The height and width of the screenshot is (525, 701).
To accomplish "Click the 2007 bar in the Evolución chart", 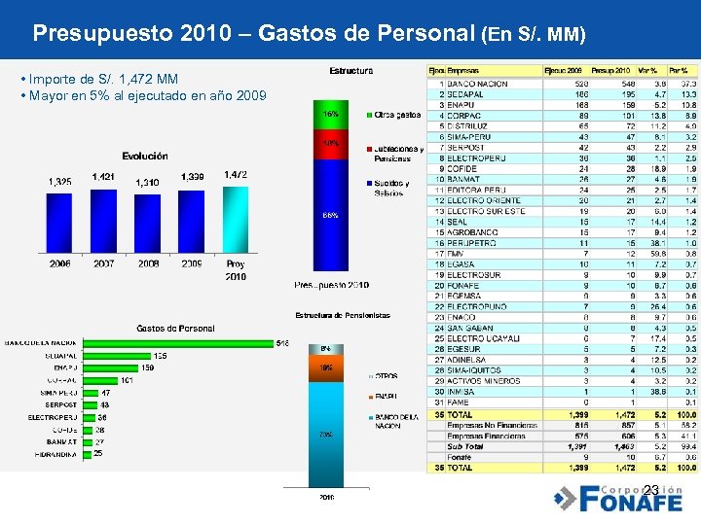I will pyautogui.click(x=103, y=221).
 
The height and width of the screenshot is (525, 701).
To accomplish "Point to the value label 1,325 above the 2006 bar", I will pyautogui.click(x=59, y=182).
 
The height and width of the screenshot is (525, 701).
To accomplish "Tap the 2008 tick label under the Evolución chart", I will pyautogui.click(x=148, y=263).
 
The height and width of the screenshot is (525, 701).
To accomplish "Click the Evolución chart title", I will pyautogui.click(x=145, y=156).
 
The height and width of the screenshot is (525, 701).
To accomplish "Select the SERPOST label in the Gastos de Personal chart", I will pyautogui.click(x=60, y=404).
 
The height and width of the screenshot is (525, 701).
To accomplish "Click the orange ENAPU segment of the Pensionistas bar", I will pyautogui.click(x=328, y=370).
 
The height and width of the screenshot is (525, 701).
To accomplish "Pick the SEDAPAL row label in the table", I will pyautogui.click(x=466, y=93).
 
